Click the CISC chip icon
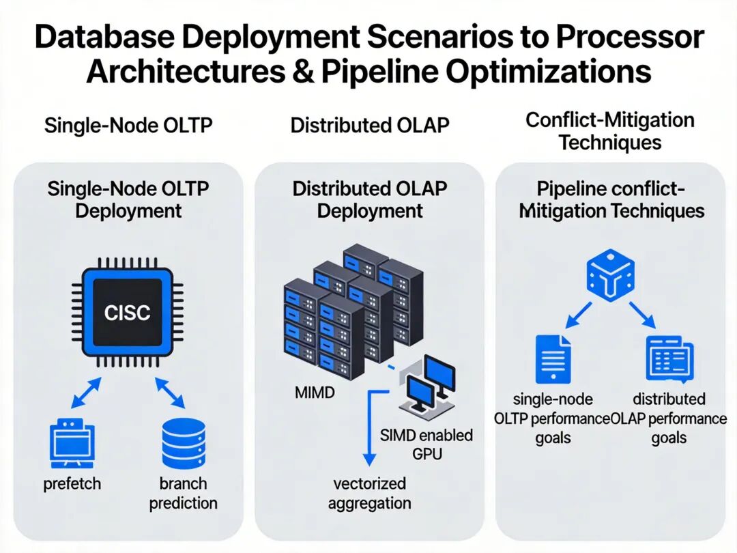(127, 312)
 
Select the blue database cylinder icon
(183, 442)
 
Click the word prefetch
(72, 484)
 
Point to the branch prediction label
(183, 494)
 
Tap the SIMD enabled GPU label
(427, 444)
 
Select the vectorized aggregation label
(369, 494)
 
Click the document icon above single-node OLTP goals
(553, 360)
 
